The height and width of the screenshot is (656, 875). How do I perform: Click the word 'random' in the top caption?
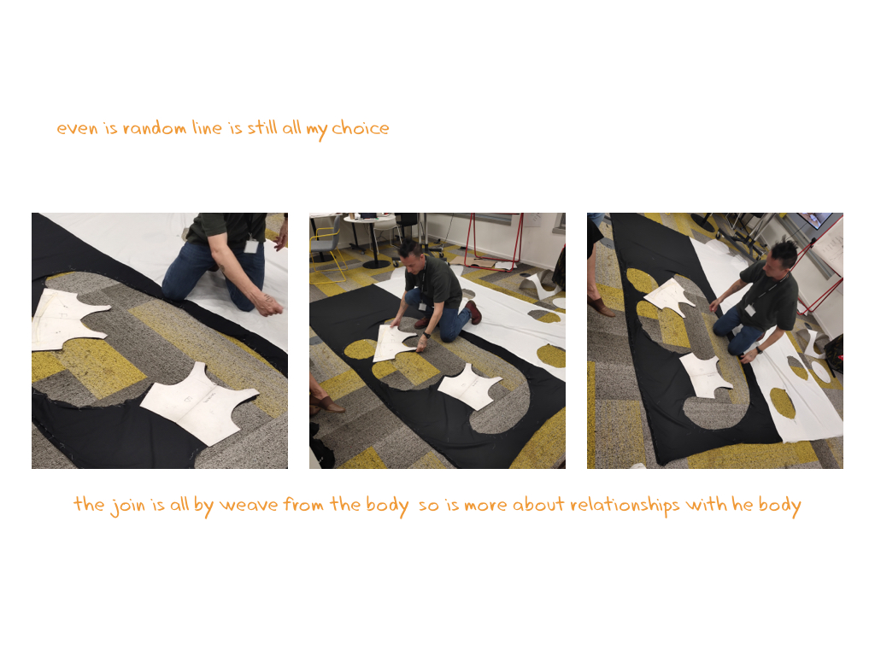coord(155,128)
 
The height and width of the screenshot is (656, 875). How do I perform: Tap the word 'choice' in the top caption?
coord(361,128)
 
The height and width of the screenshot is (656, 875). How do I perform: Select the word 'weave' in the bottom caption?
coord(249,505)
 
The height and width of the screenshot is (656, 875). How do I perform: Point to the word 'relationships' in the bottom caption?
coord(625,506)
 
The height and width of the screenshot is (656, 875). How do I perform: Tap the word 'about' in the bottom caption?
coord(538,504)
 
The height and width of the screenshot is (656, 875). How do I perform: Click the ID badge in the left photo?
coord(251,245)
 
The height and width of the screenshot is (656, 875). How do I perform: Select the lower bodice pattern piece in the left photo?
coord(198,403)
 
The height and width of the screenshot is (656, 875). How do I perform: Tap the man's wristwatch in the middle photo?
coord(426,335)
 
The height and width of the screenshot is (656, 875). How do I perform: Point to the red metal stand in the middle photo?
coord(494,241)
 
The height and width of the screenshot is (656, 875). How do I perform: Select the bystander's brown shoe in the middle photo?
coord(327,404)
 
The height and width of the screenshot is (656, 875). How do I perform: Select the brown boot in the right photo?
coord(601,307)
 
